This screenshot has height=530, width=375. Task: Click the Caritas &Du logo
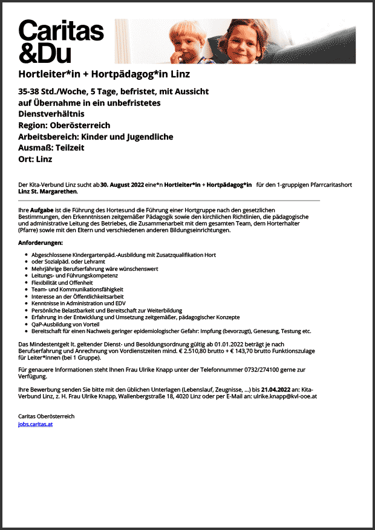[x=61, y=41]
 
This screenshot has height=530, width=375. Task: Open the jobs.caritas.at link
[x=36, y=424]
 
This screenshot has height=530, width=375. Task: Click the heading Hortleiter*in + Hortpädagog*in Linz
[x=104, y=74]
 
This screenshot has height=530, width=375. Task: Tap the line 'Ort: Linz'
[x=36, y=160]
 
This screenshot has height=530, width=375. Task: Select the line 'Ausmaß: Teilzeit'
[x=51, y=148]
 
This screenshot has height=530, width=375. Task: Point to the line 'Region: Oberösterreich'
[x=64, y=126]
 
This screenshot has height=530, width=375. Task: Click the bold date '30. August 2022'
[x=122, y=184]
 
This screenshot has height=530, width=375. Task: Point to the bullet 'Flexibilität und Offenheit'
[x=62, y=282]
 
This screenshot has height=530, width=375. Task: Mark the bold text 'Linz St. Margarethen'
[x=48, y=192]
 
